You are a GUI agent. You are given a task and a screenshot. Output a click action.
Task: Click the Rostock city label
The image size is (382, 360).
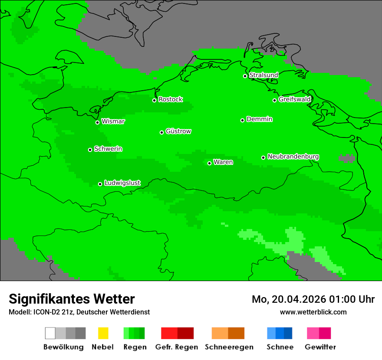(x=170, y=99)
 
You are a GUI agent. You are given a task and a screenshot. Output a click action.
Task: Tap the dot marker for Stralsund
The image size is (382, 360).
(x=245, y=76)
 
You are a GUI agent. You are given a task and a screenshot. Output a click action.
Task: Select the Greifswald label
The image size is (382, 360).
(x=294, y=99)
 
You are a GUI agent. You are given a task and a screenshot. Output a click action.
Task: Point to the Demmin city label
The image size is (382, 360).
(x=259, y=119)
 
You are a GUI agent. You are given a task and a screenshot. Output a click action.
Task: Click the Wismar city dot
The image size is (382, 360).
(x=97, y=122)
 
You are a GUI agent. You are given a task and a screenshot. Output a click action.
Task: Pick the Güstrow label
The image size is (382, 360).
(x=178, y=131)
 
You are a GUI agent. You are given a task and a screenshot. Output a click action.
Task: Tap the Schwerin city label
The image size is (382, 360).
(x=108, y=149)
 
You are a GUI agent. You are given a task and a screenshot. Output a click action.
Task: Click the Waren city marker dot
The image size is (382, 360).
(x=209, y=163)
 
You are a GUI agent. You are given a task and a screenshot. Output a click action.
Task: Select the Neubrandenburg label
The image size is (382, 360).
(x=293, y=157)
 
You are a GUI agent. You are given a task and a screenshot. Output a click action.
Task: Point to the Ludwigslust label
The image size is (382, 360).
(x=122, y=183)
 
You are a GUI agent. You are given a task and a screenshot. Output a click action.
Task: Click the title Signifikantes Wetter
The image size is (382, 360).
(x=72, y=299)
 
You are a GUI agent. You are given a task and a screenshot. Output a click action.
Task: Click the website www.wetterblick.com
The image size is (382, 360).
(x=313, y=312)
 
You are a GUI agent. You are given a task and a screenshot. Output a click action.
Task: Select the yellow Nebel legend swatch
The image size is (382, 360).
(x=103, y=333)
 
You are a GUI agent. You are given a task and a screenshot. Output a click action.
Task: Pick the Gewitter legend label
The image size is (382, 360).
(x=320, y=347)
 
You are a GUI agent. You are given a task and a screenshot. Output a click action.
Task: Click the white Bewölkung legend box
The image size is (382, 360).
(x=50, y=333)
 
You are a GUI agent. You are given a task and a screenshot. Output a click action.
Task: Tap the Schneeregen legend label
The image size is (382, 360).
(x=229, y=347)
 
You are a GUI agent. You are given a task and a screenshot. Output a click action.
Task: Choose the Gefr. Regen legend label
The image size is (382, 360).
(x=176, y=347)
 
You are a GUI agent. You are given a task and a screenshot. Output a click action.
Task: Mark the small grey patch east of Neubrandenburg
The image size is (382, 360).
(x=346, y=158)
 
